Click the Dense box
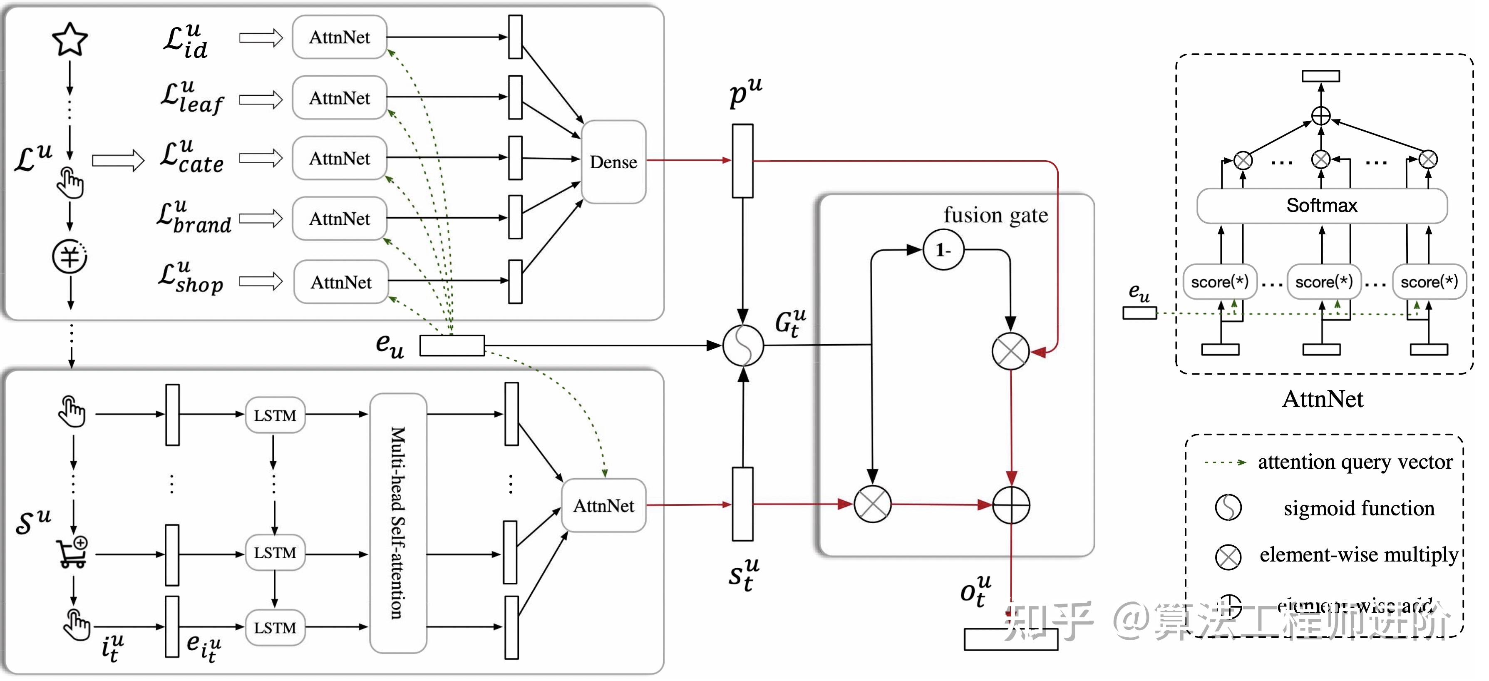click(x=613, y=162)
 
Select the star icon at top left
click(x=70, y=39)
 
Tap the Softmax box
click(x=1321, y=205)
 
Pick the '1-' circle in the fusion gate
click(x=943, y=250)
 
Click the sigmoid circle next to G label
click(x=743, y=345)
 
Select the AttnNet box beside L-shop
click(x=341, y=282)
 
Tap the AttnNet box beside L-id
click(x=339, y=37)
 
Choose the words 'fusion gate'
click(x=995, y=215)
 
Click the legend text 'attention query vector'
click(x=1355, y=462)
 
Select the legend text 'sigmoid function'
click(x=1359, y=508)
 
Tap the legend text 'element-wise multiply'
click(x=1358, y=554)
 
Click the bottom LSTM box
click(x=275, y=627)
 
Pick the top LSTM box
click(x=275, y=415)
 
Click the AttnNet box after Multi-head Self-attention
click(x=603, y=506)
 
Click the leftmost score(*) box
click(x=1220, y=282)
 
